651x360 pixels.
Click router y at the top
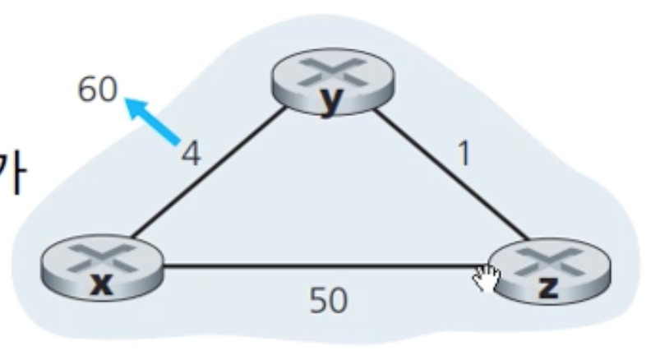tap(329, 82)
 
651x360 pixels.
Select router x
tap(101, 268)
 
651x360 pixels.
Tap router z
tap(548, 270)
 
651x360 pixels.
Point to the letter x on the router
tap(100, 284)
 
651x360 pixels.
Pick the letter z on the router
tap(548, 286)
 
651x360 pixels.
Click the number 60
tap(97, 90)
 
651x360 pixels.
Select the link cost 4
tap(190, 154)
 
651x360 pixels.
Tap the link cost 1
tap(464, 154)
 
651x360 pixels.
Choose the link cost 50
tap(328, 302)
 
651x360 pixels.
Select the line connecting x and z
tap(321, 265)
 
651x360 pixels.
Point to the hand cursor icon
tap(486, 279)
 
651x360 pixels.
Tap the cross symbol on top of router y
tap(329, 72)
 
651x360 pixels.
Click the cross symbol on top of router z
tap(548, 260)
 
